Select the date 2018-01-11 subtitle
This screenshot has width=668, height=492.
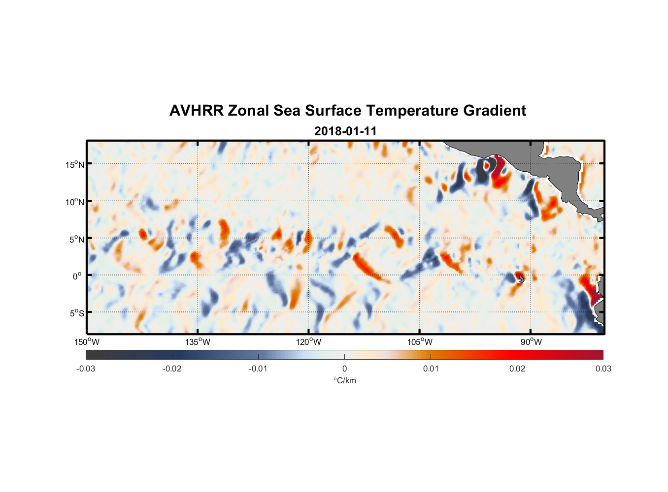(x=345, y=131)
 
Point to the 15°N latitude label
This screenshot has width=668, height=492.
(x=74, y=164)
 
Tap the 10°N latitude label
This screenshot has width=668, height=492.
(x=74, y=202)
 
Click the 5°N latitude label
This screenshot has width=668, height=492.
(x=76, y=239)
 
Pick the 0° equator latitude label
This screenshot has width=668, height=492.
(x=77, y=276)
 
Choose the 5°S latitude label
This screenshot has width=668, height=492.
(x=76, y=313)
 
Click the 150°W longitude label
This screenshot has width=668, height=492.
(x=87, y=342)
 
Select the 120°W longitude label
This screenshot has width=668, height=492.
(x=309, y=342)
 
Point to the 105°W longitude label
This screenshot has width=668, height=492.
(x=420, y=342)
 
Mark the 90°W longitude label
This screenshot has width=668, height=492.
(x=531, y=342)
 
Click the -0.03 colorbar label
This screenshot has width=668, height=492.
(x=86, y=369)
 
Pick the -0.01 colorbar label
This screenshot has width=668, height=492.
(x=258, y=369)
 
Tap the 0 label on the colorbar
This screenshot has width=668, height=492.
(x=344, y=369)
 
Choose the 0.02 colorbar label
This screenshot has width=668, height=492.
(x=517, y=369)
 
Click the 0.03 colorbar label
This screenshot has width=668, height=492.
(x=603, y=369)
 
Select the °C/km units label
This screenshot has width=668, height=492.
(x=344, y=380)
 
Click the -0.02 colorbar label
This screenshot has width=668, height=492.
(x=171, y=369)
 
